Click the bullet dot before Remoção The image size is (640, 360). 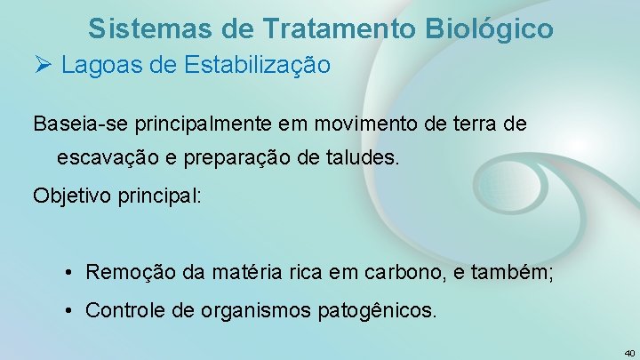68,272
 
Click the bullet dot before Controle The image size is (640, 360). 68,310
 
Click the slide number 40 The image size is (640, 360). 628,352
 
